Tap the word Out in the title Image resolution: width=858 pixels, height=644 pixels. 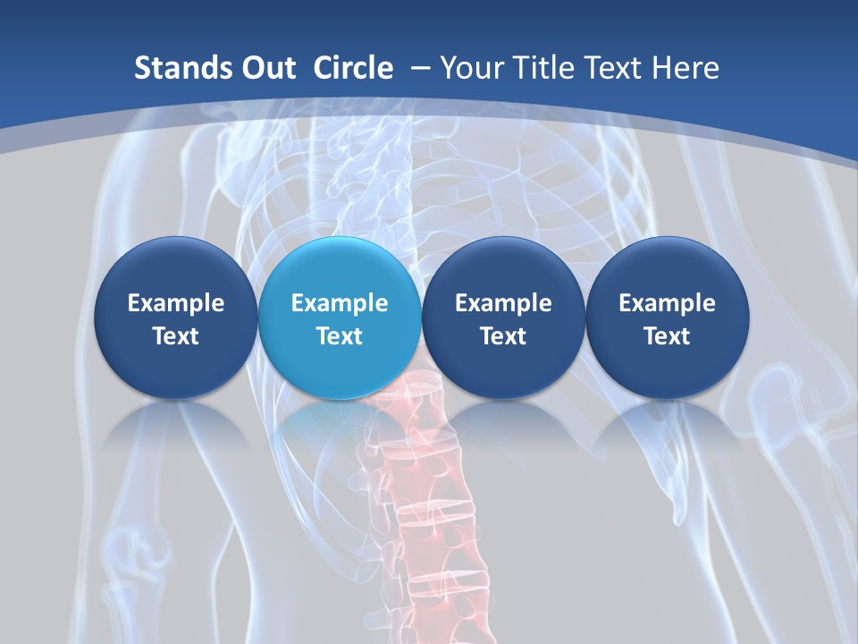coord(266,68)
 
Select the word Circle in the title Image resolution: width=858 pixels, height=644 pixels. coord(353,68)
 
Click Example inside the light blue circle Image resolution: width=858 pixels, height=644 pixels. coord(340,303)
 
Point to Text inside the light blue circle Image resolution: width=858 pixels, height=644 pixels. coord(340,336)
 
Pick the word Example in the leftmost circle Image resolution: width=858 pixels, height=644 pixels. coord(175,303)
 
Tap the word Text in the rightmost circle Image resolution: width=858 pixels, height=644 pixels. coord(667,336)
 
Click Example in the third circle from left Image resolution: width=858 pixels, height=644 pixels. coord(503,303)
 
